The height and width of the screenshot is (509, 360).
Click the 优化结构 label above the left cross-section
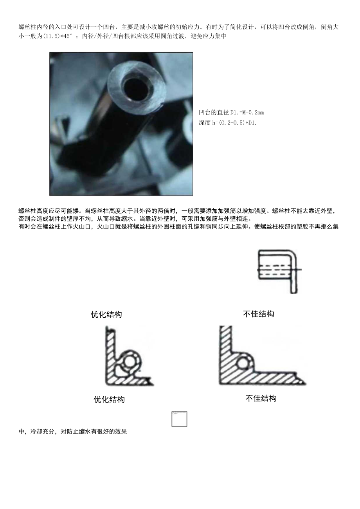tap(106, 315)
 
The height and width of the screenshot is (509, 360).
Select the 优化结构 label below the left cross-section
tap(109, 399)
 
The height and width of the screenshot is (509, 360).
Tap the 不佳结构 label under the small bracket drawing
tap(258, 314)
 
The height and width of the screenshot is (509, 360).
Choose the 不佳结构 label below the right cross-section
tap(261, 398)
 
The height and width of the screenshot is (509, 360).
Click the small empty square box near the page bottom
tap(179, 419)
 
